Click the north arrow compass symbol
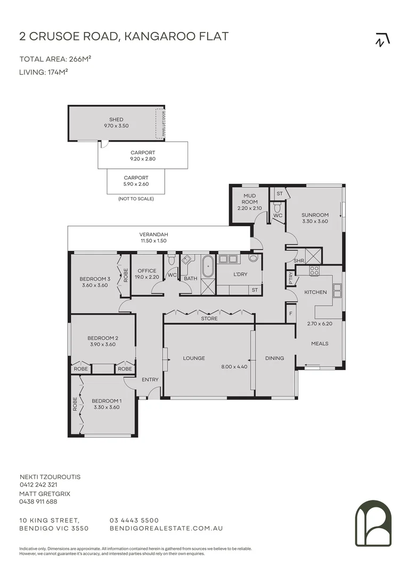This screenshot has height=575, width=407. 382,40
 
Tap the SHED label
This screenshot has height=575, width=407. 116,120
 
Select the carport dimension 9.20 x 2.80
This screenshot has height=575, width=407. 143,159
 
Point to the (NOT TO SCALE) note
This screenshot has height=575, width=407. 136,199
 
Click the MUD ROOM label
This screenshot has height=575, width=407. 250,199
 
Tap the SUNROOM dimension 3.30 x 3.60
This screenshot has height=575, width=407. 315,221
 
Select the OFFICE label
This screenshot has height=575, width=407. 147,271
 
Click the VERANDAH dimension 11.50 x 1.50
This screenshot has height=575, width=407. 153,241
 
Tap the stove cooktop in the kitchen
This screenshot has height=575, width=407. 314,270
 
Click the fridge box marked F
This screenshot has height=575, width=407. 290,314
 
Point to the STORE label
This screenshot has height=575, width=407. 209,319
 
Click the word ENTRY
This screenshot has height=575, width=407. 150,380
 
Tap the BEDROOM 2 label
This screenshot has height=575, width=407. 103,338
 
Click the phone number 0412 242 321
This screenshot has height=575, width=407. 38,485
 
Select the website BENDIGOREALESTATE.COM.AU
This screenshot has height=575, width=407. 166,529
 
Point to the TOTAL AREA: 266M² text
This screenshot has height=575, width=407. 52,59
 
